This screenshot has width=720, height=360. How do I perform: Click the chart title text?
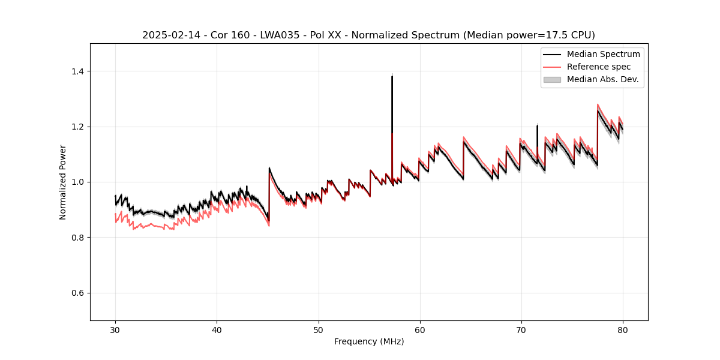coord(368,35)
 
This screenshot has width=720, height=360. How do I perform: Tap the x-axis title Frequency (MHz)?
coord(369,341)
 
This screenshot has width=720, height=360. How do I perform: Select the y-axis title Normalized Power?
coord(63,182)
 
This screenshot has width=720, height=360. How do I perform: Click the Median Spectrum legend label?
coord(603,54)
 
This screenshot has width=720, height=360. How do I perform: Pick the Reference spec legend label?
coord(599,67)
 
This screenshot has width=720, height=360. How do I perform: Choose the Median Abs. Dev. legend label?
coord(602,79)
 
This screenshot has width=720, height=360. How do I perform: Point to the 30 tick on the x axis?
coord(115,329)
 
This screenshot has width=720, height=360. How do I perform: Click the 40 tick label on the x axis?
coord(217,329)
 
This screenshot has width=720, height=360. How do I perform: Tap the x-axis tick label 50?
coord(318,329)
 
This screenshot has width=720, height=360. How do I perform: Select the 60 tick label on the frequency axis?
coord(420,329)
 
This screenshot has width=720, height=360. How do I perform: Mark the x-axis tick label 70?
coord(521,329)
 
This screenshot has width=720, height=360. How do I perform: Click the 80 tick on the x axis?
coord(623,329)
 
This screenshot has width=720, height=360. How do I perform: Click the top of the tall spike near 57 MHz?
coord(392,76)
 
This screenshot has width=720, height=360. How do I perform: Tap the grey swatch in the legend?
coord(551,79)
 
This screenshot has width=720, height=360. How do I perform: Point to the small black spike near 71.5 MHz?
coord(537,126)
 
